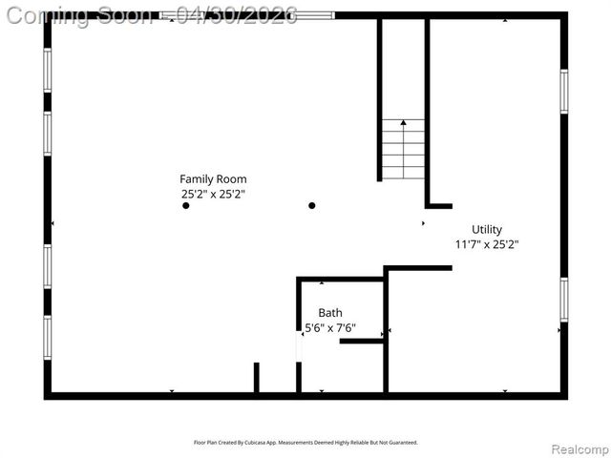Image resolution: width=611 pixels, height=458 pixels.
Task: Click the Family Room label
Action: pyautogui.click(x=213, y=178)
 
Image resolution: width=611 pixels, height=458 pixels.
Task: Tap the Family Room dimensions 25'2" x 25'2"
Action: pyautogui.click(x=213, y=194)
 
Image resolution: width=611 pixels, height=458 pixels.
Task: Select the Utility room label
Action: pyautogui.click(x=486, y=229)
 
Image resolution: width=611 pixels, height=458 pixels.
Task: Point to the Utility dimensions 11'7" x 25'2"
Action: pyautogui.click(x=486, y=244)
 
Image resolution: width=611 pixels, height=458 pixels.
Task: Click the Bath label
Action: pyautogui.click(x=330, y=312)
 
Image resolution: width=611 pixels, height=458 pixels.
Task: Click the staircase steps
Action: pyautogui.click(x=403, y=152)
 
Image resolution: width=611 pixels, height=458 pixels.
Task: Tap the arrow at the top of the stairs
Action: pyautogui.click(x=404, y=123)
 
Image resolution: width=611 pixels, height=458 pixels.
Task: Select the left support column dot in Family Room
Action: pyautogui.click(x=186, y=205)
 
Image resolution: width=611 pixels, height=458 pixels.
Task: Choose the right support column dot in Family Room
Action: pyautogui.click(x=312, y=205)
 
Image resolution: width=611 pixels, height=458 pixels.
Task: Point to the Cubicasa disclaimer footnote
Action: pyautogui.click(x=305, y=443)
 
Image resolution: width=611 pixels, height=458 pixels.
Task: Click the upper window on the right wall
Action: pyautogui.click(x=564, y=91)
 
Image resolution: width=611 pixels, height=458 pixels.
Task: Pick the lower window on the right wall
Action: pyautogui.click(x=564, y=299)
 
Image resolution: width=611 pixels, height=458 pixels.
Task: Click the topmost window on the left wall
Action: pyautogui.click(x=48, y=70)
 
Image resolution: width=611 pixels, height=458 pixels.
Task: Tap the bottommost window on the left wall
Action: pyautogui.click(x=48, y=338)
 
